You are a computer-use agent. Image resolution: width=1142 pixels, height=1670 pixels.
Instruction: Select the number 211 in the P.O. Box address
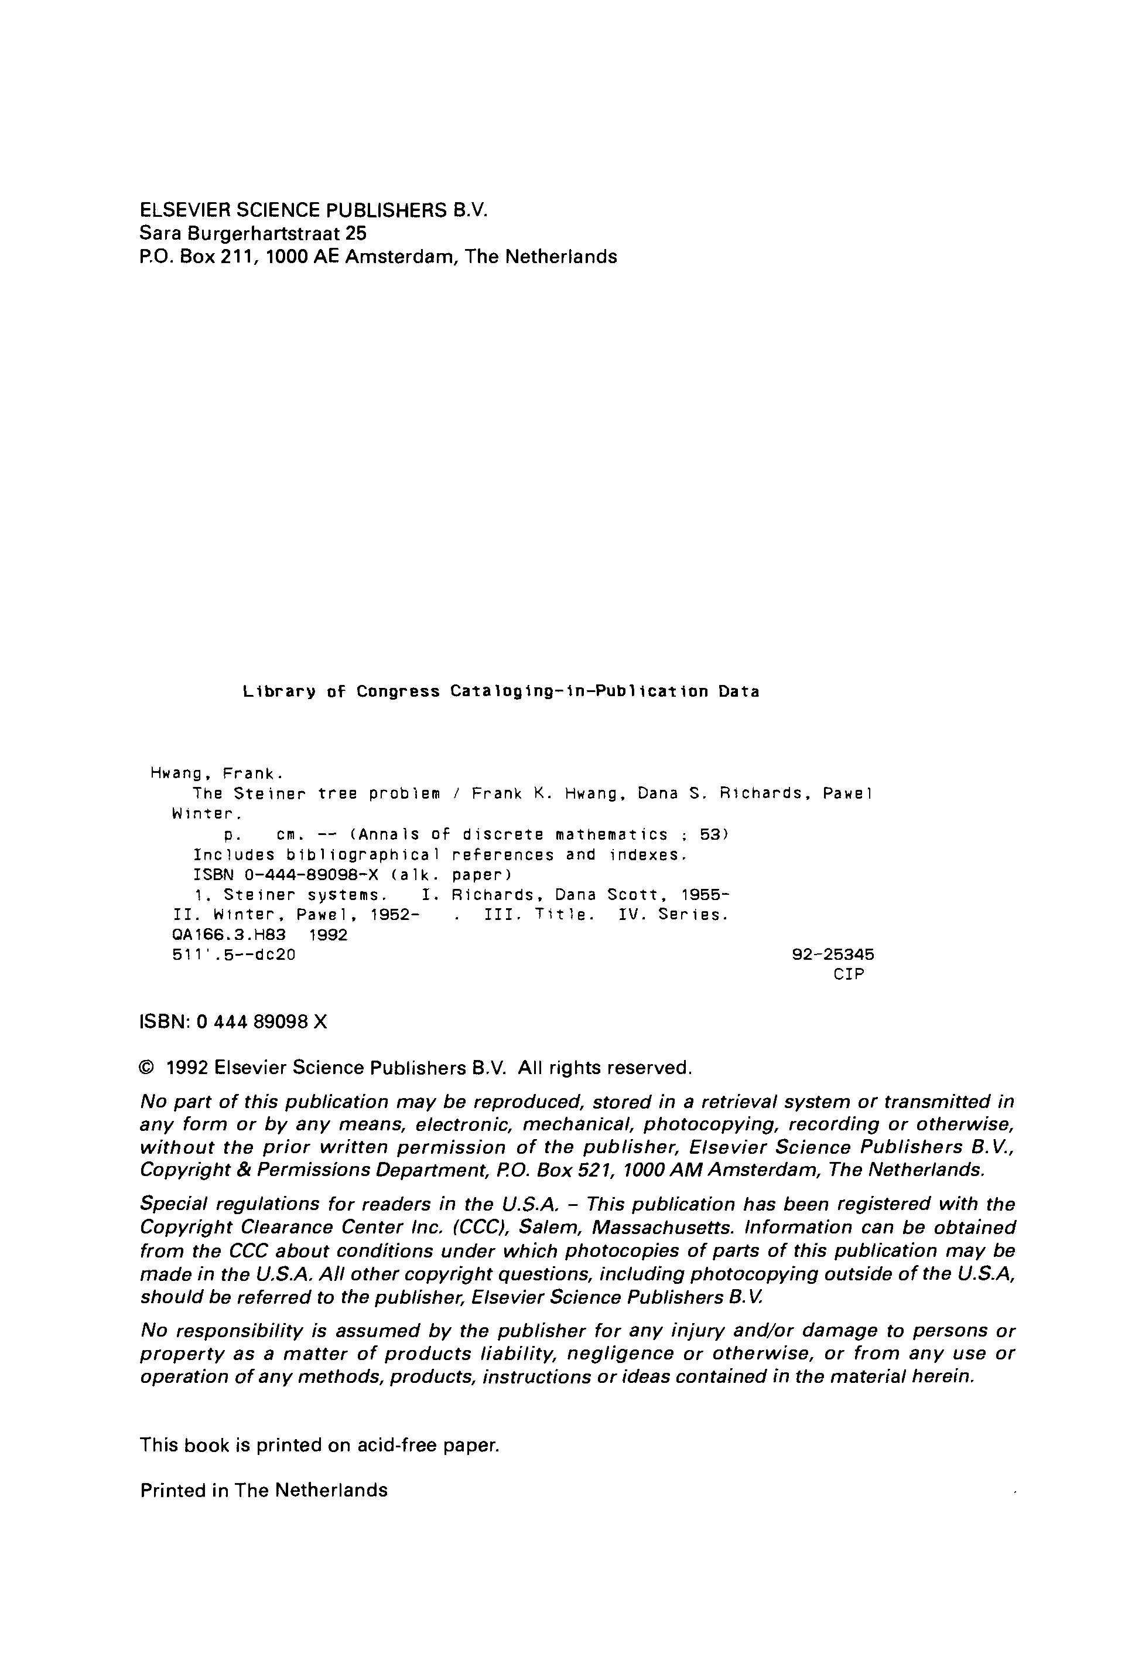point(235,257)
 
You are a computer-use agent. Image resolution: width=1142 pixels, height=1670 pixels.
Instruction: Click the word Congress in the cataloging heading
point(398,691)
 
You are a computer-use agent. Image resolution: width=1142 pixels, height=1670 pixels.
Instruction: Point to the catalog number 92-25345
point(833,955)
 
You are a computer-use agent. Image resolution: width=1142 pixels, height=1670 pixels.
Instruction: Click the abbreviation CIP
point(849,974)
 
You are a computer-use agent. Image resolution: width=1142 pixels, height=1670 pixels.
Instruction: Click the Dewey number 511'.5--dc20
point(234,956)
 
